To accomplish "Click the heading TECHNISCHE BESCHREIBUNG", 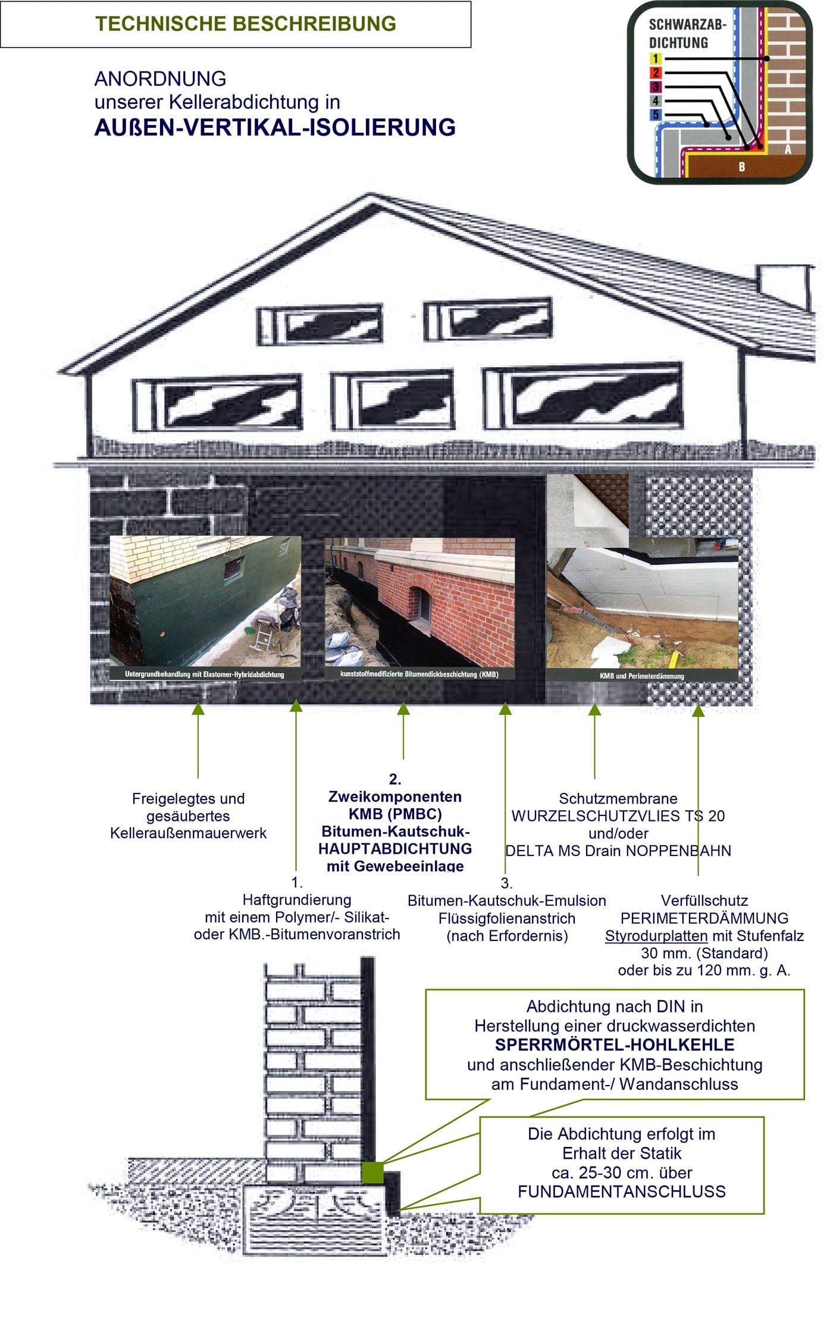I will (x=245, y=24).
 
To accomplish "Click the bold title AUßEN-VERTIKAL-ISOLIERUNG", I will (x=275, y=128).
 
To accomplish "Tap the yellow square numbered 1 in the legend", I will (x=655, y=58).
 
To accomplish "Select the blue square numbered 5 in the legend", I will (x=655, y=115).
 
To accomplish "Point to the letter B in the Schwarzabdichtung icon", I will (x=741, y=167).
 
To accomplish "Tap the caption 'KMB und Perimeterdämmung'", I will (x=641, y=676).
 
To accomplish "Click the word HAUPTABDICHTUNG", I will (x=395, y=848).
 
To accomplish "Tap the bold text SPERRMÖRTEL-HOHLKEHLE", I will (x=615, y=1045).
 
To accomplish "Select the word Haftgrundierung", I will (x=296, y=899).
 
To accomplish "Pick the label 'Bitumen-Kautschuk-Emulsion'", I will (x=506, y=901).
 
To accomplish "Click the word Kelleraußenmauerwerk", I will (x=188, y=833).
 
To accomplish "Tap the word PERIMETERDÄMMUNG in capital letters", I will (x=704, y=918).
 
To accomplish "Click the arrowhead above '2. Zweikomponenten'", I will (x=403, y=708).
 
